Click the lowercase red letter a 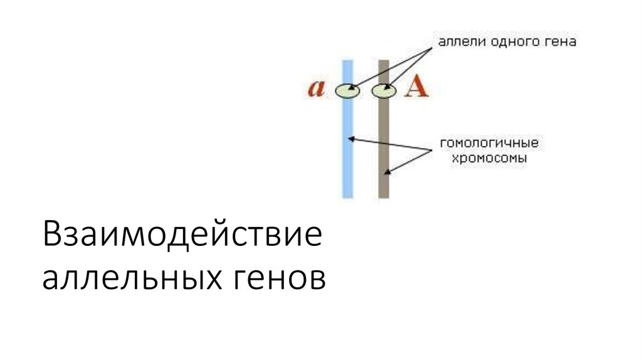[x=315, y=88]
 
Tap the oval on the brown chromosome [x=384, y=91]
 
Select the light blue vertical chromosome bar [x=348, y=157]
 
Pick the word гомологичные [x=489, y=144]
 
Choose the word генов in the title [x=280, y=277]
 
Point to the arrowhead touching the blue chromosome [x=352, y=137]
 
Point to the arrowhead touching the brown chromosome [x=389, y=170]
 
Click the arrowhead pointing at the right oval [x=389, y=88]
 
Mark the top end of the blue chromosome [x=348, y=61]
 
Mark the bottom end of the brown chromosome [x=384, y=198]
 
